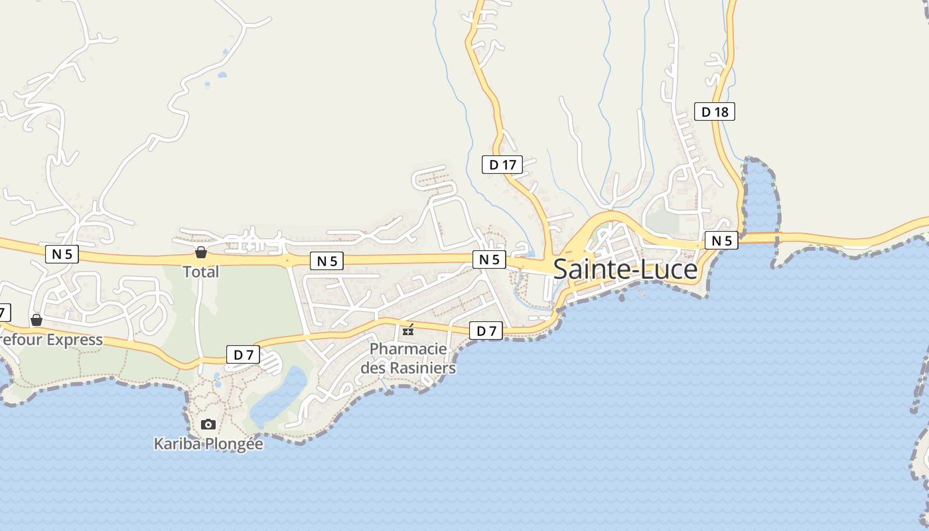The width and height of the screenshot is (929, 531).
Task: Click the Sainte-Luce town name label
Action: point(625,269)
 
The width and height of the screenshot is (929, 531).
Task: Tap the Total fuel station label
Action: point(201,271)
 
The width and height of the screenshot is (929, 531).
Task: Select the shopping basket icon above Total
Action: point(201,252)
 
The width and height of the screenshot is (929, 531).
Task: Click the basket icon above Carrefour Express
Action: point(36,321)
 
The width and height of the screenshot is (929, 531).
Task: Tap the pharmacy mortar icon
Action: point(408,329)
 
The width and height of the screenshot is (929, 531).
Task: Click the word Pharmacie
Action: point(408,348)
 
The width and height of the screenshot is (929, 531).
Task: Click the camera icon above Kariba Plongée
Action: point(208,424)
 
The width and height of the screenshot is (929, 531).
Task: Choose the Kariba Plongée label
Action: point(208,443)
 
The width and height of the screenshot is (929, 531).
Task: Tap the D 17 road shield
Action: point(502,165)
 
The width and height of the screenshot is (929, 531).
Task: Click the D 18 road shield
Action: point(715,112)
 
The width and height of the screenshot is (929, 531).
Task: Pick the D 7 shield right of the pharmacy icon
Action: point(486,331)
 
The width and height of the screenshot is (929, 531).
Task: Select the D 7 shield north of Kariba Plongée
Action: point(243,354)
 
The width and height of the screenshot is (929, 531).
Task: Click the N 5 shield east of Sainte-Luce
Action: point(721,240)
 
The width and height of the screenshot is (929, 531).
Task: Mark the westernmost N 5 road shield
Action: point(62,254)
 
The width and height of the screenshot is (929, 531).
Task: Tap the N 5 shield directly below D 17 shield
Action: point(489,260)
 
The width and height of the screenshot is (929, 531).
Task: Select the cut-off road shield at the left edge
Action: point(4,312)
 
